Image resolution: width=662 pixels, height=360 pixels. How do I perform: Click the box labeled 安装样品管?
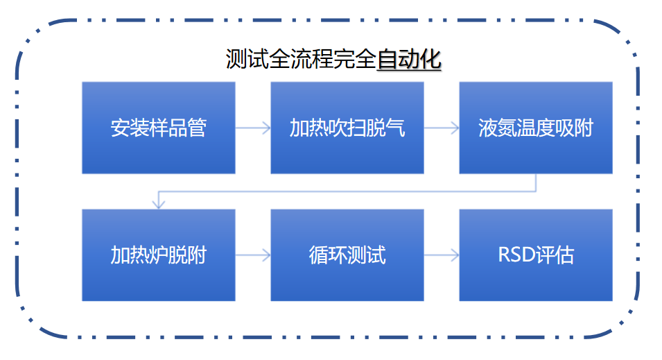pos(158,128)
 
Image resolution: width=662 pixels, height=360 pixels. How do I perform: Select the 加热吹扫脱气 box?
pos(347,128)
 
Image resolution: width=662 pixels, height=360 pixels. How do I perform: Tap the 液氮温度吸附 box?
pos(535,128)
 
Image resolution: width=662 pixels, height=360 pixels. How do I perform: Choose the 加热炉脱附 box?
pos(158,255)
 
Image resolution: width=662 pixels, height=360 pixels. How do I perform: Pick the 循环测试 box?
pos(347,255)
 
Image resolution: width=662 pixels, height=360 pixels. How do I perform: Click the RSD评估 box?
pos(535,255)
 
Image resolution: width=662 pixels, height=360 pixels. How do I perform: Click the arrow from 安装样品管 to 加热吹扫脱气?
pos(253,128)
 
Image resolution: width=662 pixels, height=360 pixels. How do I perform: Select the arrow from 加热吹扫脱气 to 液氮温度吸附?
pos(442,128)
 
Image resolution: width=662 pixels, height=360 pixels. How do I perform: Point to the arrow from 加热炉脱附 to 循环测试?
pos(253,255)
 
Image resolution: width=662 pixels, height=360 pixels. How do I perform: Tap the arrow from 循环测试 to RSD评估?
pos(442,255)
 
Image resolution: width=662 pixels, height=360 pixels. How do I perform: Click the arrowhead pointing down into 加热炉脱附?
pos(159,204)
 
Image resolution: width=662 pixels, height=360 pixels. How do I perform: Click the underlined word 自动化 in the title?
pos(409,60)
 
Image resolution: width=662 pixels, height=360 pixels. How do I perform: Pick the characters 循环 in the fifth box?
pos(327,255)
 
